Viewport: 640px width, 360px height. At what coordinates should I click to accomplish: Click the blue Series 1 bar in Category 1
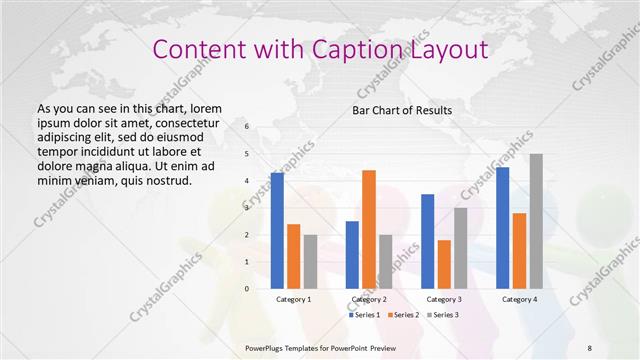tap(277, 231)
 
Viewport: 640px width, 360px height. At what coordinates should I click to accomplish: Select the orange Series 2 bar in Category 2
tap(369, 229)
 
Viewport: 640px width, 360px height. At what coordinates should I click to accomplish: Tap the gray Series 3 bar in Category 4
tap(536, 221)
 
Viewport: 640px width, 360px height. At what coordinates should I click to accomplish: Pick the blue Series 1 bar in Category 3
tap(428, 241)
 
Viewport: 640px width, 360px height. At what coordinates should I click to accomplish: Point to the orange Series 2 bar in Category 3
tap(444, 264)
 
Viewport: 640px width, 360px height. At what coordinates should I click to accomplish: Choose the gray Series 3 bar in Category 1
tap(310, 262)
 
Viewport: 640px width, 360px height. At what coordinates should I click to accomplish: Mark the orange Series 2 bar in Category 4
tap(519, 251)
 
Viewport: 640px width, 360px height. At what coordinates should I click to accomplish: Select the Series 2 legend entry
tap(403, 315)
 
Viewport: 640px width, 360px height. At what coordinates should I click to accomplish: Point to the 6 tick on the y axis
tap(247, 127)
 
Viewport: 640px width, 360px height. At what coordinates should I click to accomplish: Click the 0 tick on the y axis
tap(247, 289)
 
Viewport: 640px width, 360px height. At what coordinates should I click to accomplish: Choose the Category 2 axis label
tap(369, 299)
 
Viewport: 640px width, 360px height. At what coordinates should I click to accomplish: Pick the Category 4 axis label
tap(519, 299)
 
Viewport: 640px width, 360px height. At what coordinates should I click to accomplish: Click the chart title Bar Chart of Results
tap(402, 110)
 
